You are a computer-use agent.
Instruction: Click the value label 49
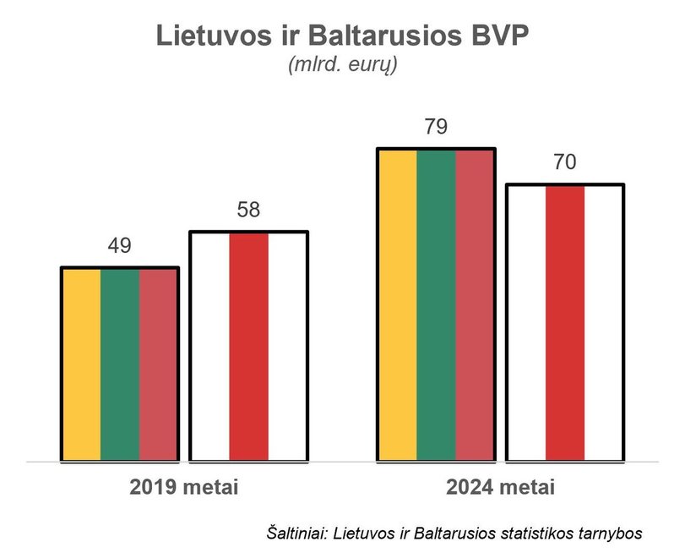pyautogui.click(x=119, y=246)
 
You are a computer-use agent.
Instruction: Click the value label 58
pyautogui.click(x=248, y=210)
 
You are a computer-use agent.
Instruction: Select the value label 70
pyautogui.click(x=564, y=162)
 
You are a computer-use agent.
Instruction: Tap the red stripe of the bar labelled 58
pyautogui.click(x=248, y=347)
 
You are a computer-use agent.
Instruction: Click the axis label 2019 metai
pyautogui.click(x=184, y=488)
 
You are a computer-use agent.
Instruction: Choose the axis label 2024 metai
pyautogui.click(x=501, y=488)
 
